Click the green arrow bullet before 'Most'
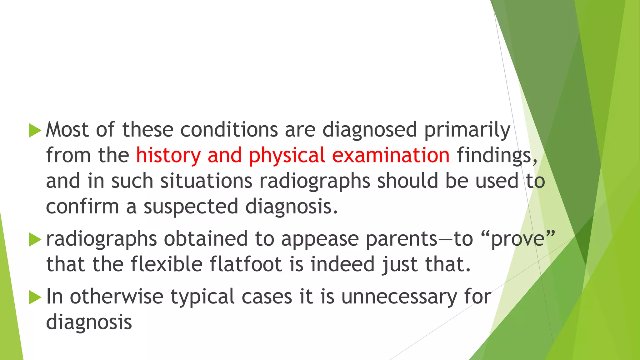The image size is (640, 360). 35,130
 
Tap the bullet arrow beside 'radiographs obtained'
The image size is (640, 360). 35,240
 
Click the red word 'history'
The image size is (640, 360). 168,155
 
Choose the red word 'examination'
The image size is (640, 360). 391,155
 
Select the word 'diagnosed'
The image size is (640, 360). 370,130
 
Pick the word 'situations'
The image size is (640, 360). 206,181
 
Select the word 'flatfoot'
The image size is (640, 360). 246,264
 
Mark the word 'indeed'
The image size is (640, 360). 342,264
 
